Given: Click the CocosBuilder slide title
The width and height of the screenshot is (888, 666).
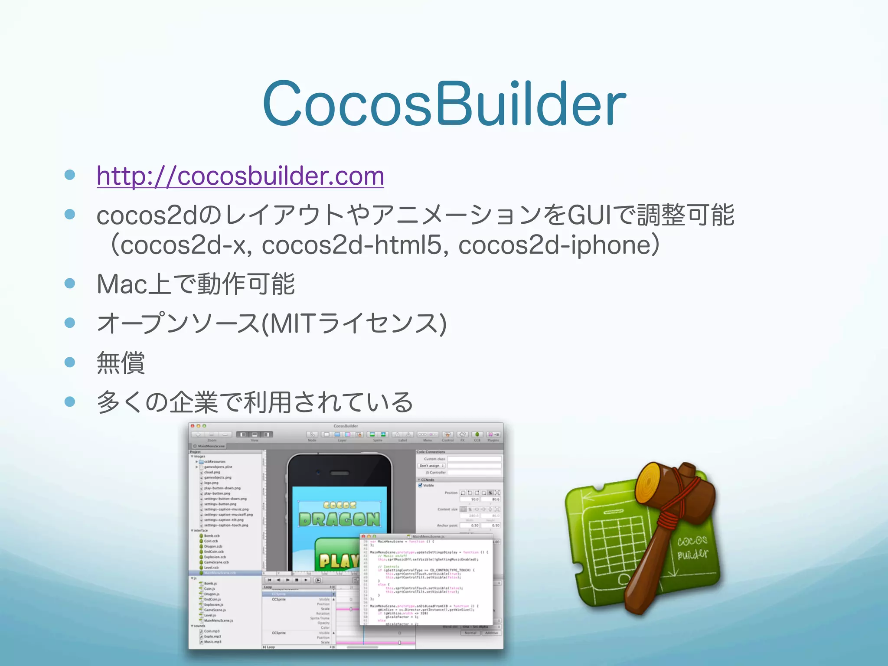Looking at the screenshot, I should pos(444,104).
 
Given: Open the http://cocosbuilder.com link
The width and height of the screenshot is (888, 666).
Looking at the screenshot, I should pos(240,176).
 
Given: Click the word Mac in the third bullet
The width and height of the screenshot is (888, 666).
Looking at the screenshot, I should pos(121,284).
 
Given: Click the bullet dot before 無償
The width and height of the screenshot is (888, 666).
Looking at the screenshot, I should pos(70,362).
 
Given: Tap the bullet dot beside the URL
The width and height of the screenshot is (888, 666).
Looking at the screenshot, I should pos(70,175).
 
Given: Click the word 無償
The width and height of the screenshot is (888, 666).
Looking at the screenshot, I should pos(121,362).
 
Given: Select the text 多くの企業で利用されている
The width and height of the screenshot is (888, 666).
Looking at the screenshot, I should pos(255,402).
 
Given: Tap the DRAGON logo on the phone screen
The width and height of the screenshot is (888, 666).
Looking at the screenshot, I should pos(339,519).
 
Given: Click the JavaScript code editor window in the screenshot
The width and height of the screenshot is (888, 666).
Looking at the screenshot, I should pos(427,581).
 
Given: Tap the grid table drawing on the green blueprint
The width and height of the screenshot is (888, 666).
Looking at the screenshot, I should pos(616,542).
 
